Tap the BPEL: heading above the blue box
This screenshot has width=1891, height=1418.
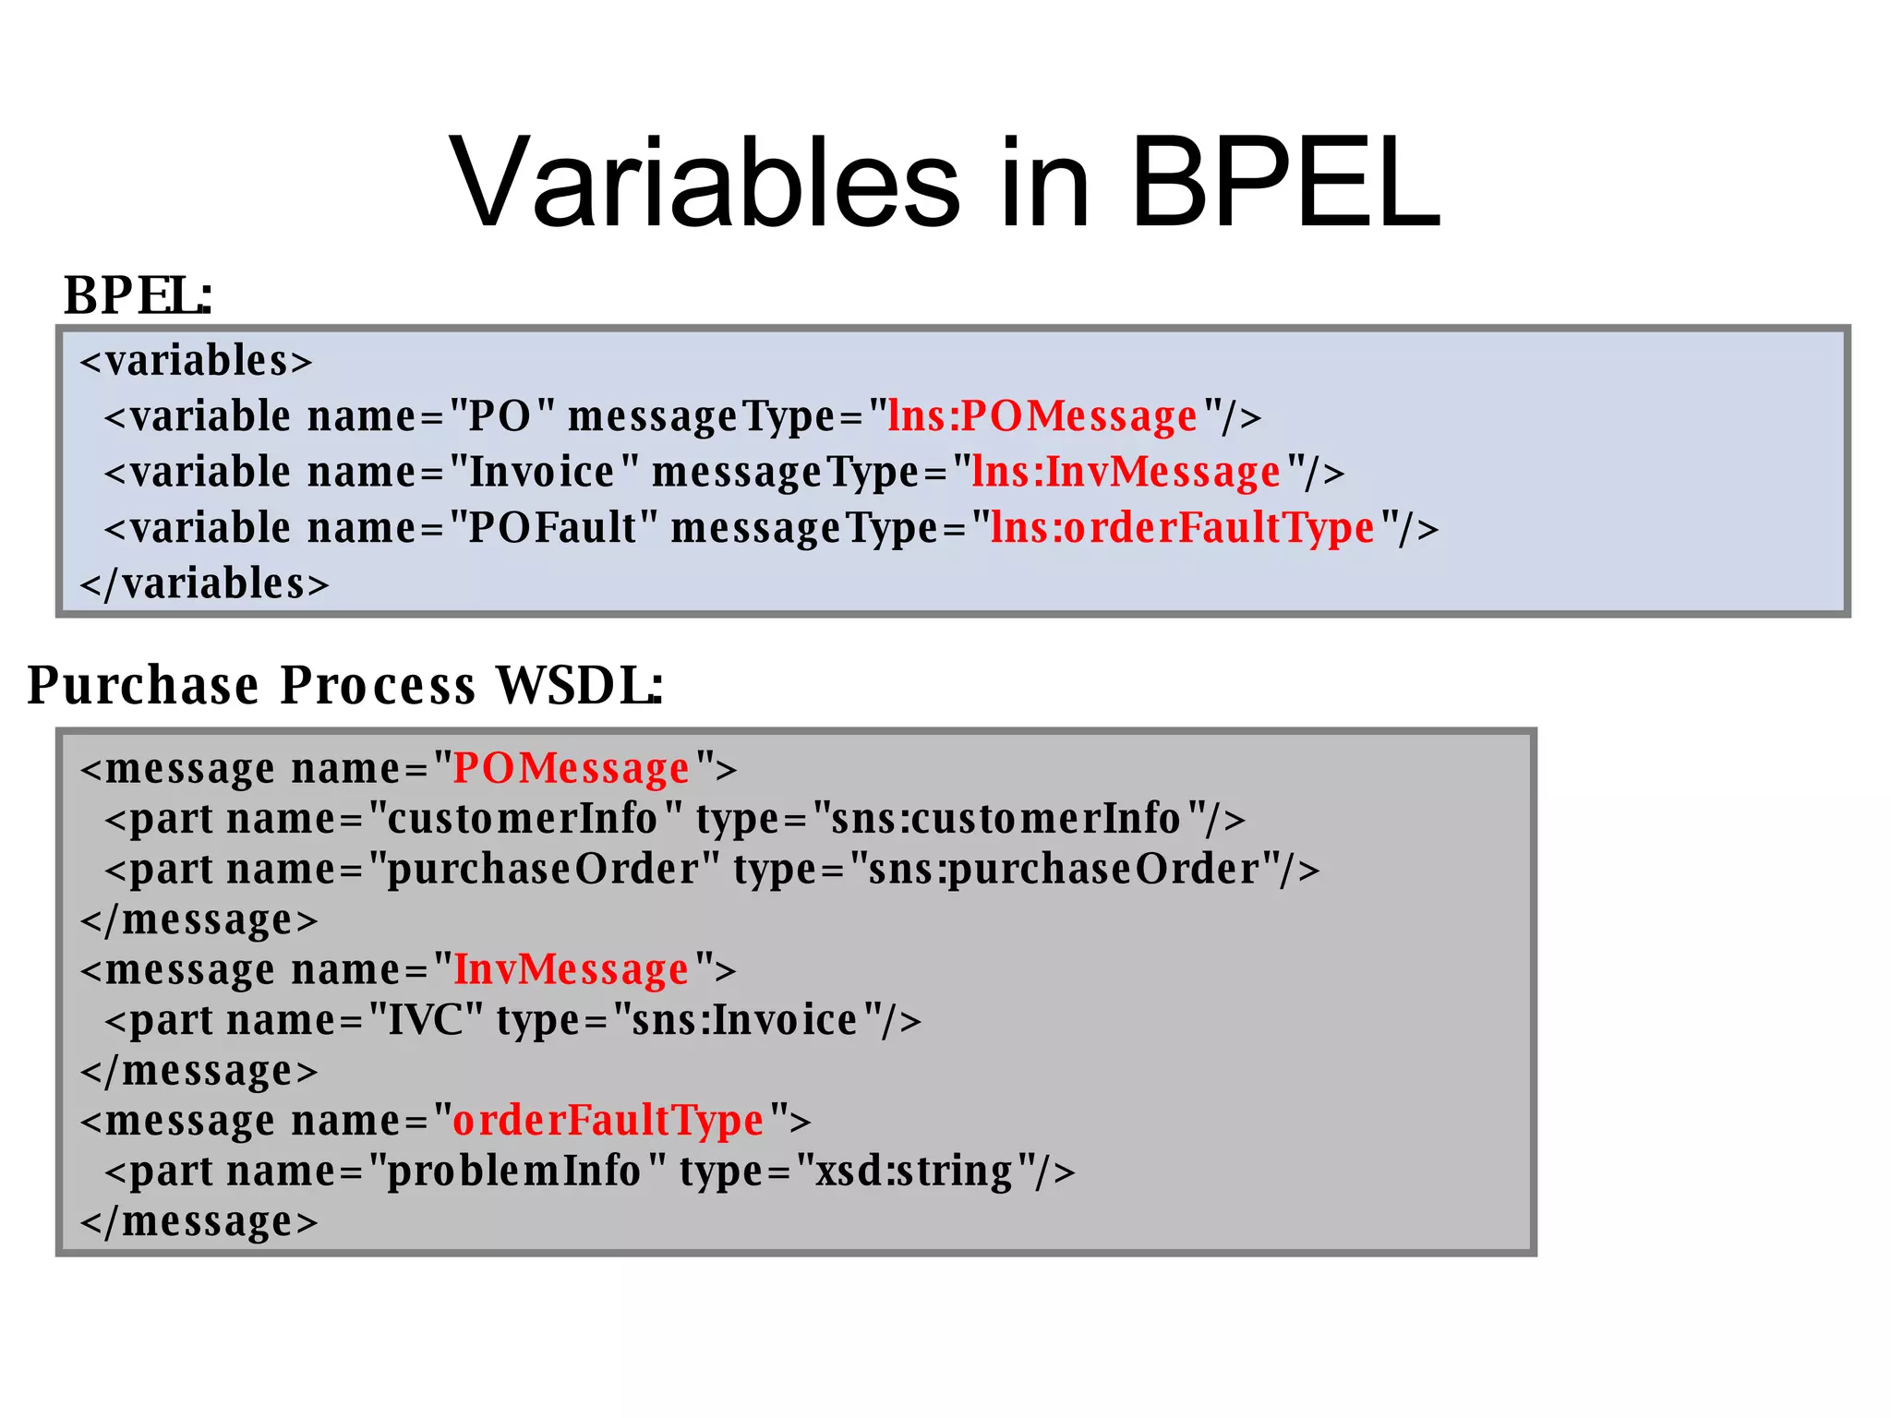click(138, 296)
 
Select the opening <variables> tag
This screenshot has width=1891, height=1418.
click(197, 361)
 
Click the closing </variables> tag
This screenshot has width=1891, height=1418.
click(204, 584)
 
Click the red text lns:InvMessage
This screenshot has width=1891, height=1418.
click(1126, 473)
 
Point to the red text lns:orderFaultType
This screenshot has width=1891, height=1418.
click(1183, 528)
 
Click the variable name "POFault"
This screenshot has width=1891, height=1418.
click(553, 528)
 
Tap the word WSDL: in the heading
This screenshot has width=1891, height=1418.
click(579, 685)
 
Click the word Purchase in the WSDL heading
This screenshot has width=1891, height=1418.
click(143, 685)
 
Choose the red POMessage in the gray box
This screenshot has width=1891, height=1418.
click(572, 768)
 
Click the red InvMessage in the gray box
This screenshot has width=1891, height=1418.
click(572, 969)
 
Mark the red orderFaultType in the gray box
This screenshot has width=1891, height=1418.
click(608, 1121)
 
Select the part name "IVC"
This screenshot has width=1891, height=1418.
click(426, 1020)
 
